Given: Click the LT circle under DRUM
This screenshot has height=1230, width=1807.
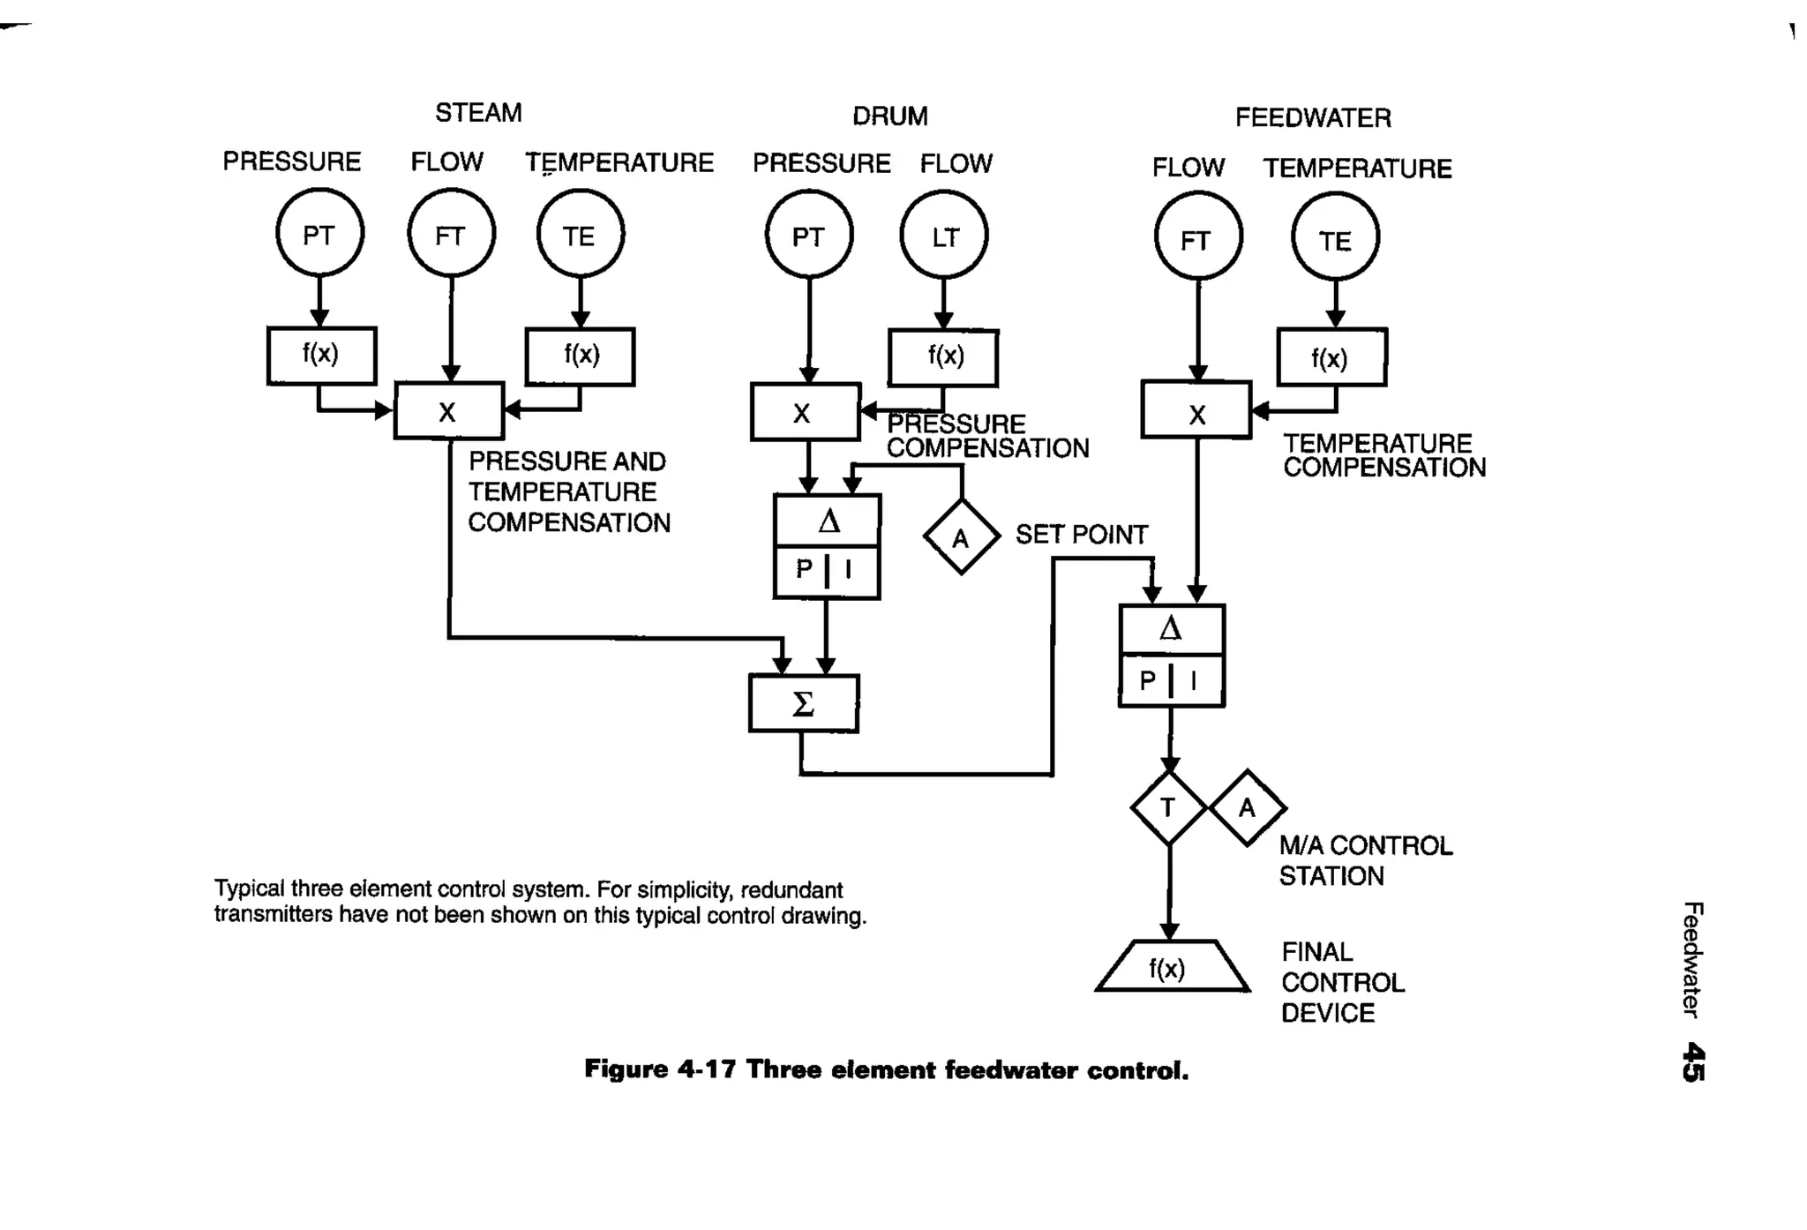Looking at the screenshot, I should click(943, 236).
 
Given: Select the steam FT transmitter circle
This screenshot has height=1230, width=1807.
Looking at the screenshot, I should click(451, 235).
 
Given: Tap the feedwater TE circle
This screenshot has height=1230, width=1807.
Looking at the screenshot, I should click(1334, 238).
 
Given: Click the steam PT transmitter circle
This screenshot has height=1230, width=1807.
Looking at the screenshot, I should click(319, 234).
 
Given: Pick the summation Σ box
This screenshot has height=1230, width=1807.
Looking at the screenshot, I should click(803, 703).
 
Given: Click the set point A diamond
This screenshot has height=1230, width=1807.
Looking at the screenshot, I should click(961, 537).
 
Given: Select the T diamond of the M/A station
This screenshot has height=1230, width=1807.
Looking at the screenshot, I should click(1168, 807).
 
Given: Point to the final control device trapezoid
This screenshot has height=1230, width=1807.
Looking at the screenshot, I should click(1171, 968).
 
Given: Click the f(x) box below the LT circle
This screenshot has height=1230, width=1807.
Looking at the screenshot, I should click(943, 357).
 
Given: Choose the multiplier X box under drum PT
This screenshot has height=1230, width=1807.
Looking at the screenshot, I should click(804, 412).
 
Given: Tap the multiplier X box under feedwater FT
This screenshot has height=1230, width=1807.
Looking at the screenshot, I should click(1196, 410).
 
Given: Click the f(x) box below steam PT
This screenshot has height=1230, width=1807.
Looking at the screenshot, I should click(321, 356).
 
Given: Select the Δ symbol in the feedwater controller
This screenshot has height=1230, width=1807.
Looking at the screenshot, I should click(1171, 629).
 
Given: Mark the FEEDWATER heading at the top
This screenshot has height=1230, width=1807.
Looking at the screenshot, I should click(1312, 117).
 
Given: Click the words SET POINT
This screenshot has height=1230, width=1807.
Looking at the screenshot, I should click(1081, 535).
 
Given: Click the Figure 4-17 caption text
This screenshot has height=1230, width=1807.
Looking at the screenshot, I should click(886, 1070).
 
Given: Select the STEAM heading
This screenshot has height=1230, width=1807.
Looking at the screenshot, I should click(478, 113).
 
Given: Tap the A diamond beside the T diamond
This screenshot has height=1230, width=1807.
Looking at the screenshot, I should click(1247, 807).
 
